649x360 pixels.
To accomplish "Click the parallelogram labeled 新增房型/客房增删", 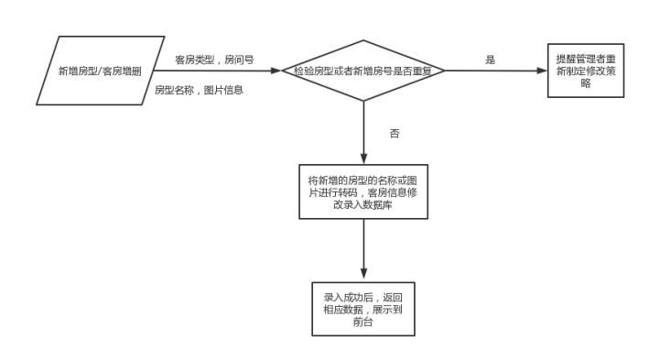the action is tap(101, 71).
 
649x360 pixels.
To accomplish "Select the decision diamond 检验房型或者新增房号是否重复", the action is tap(362, 71).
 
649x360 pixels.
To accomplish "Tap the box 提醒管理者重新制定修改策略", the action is tap(586, 71).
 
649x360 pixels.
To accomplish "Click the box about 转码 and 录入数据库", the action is tap(363, 191).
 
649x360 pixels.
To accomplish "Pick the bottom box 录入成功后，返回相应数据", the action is tap(363, 310).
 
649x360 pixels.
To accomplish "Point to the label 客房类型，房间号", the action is tap(214, 58).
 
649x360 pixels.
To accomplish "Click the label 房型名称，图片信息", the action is tap(198, 90).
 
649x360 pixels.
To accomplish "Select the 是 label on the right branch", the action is tap(490, 60).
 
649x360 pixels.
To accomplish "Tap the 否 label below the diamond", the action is tap(395, 133).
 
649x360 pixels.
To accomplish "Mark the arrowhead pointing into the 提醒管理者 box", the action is tap(541, 71).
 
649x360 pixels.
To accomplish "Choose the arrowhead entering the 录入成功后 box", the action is tap(363, 278).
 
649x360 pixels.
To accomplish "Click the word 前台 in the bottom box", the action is tap(363, 322).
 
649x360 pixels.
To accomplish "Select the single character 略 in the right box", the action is tap(586, 83).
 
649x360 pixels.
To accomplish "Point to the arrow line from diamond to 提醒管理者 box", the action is tap(494, 71).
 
